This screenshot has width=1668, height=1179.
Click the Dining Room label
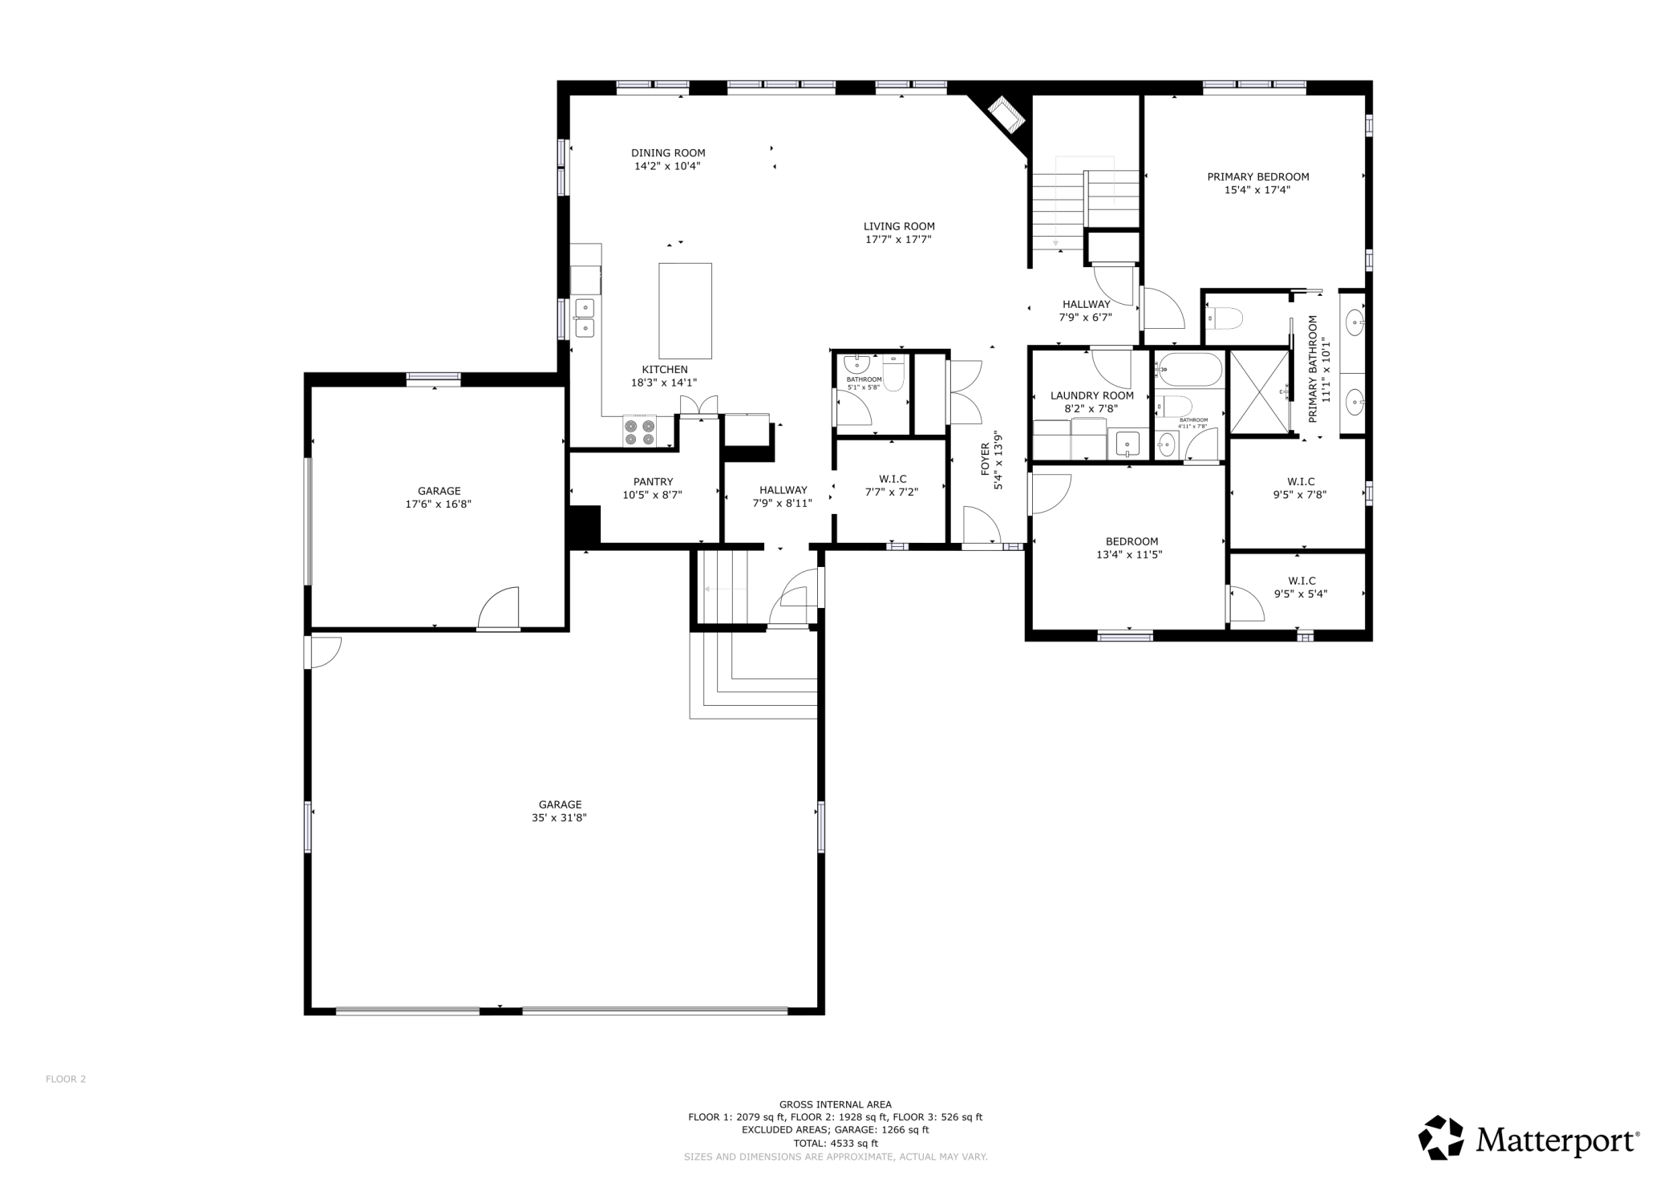pos(668,153)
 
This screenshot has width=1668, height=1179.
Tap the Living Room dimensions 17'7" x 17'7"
pos(898,239)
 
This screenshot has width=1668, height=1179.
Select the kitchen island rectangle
pos(685,310)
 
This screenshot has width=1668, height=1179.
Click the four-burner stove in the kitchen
pos(639,432)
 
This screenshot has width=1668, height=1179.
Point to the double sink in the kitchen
pos(585,318)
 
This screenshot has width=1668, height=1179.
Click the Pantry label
pos(653,482)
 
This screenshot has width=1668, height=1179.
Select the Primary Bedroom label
pos(1257,176)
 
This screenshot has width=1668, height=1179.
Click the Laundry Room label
pos(1091,395)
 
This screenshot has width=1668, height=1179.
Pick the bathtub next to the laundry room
pos(1189,370)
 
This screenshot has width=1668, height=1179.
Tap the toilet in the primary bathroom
pos(1224,318)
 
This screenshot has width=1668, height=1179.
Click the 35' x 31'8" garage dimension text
pos(560,818)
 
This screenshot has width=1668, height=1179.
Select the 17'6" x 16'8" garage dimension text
pos(439,504)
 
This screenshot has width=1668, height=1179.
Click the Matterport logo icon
pos(1442,1138)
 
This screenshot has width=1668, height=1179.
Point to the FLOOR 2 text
pos(66,1079)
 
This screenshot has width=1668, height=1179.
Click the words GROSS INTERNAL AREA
pos(835,1104)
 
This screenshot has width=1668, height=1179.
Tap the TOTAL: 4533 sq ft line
pos(835,1143)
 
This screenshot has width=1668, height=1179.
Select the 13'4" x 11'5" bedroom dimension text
pos(1129,554)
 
